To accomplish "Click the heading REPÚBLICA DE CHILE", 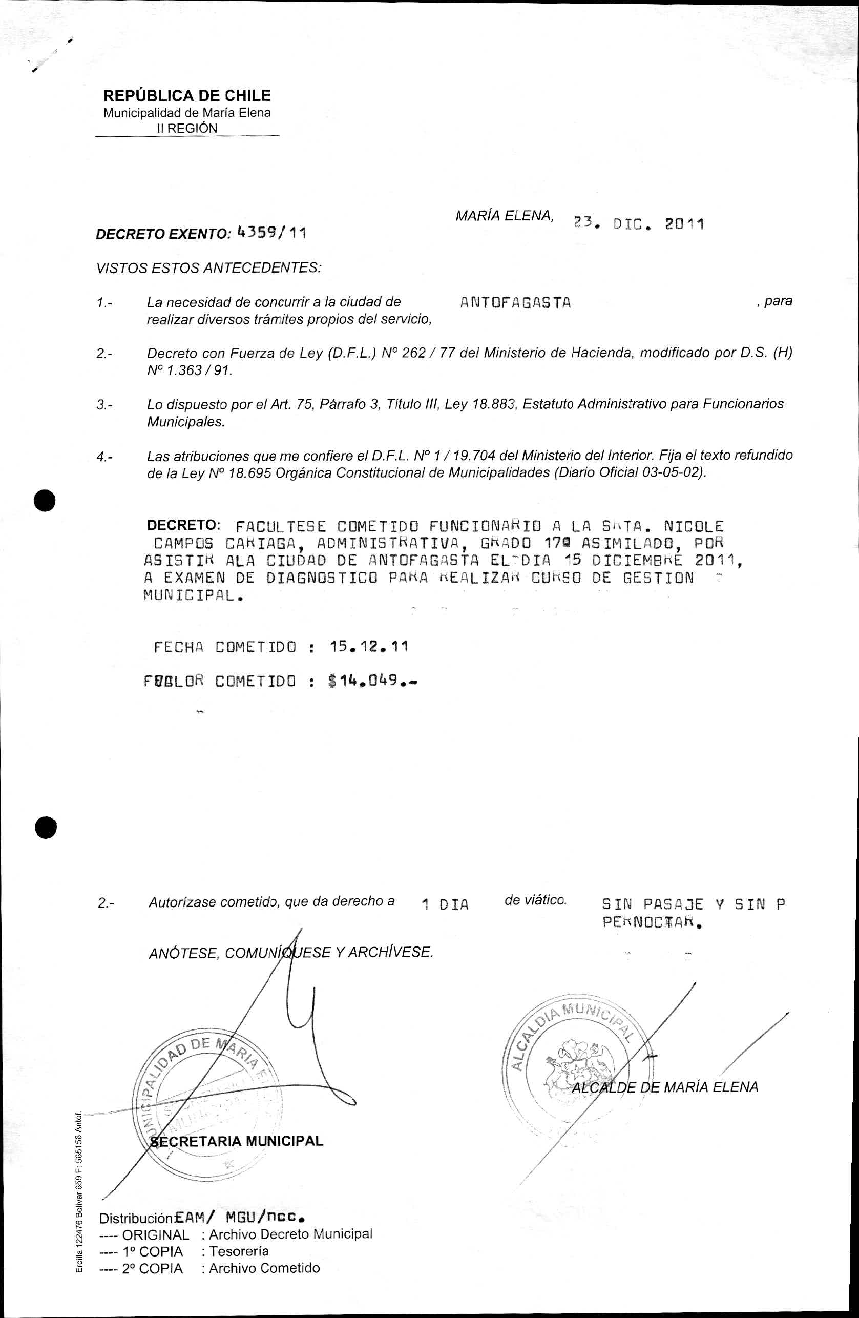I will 187,96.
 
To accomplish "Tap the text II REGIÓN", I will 187,129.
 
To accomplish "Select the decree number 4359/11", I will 271,233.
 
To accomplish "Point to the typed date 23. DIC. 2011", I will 638,224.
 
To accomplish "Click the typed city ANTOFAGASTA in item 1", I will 515,303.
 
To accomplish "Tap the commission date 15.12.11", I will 369,646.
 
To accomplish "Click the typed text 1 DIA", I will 445,905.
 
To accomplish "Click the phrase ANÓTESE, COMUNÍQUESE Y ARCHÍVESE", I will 290,953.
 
